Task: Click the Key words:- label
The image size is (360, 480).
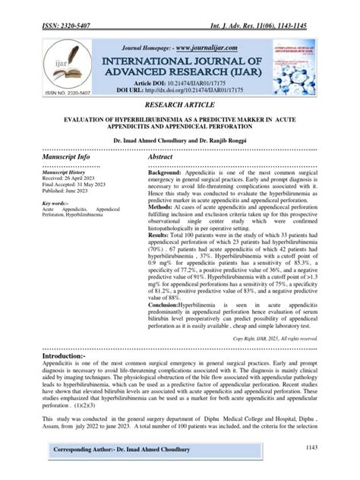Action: [56, 204]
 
